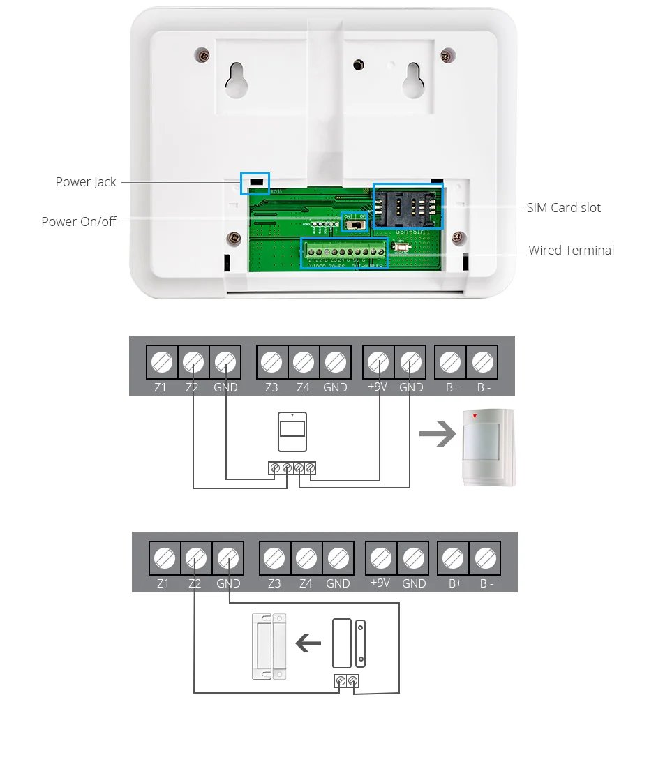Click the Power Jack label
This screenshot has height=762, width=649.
86,182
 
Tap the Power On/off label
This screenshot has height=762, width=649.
79,222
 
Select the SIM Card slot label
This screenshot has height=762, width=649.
563,208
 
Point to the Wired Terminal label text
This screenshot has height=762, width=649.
571,251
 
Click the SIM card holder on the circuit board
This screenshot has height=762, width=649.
408,206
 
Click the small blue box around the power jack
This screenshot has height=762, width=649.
255,183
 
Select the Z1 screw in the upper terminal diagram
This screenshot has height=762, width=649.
161,362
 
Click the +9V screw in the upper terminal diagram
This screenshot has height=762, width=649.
378,362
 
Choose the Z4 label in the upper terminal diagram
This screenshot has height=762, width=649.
303,387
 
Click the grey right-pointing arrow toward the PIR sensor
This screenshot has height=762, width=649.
436,436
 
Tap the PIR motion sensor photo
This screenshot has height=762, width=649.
488,447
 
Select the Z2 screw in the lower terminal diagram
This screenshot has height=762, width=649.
196,558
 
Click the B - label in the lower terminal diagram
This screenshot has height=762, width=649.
486,583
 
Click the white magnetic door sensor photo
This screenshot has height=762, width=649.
269,645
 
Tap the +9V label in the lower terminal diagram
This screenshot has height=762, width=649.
381,583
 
